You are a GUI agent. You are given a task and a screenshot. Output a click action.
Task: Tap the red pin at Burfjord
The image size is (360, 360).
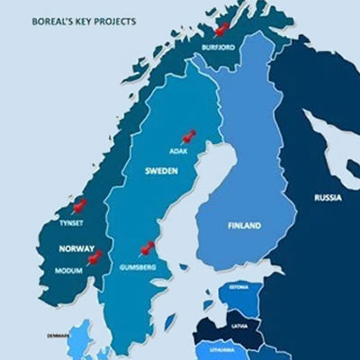point(221,29)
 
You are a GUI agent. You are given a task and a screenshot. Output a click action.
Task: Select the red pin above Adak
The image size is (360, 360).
point(187,137)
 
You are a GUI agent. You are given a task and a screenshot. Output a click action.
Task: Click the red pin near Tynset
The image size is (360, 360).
point(79,206)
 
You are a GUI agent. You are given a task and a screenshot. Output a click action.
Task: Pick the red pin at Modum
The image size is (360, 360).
point(94,258)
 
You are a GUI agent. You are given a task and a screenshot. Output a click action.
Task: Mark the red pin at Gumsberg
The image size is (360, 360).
point(147,247)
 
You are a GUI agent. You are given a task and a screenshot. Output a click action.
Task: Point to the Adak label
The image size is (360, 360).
point(179,150)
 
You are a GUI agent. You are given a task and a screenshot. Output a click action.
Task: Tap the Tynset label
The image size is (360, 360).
point(70,219)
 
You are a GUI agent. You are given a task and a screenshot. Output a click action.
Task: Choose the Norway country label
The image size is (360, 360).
point(76,248)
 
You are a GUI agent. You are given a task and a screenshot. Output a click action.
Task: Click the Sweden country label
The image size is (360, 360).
point(161,169)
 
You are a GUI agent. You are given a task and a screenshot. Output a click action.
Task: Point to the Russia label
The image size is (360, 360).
point(328,197)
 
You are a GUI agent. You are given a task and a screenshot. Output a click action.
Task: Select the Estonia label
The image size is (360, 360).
point(238,287)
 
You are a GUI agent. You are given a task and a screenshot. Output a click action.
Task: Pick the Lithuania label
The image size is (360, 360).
point(222,348)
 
